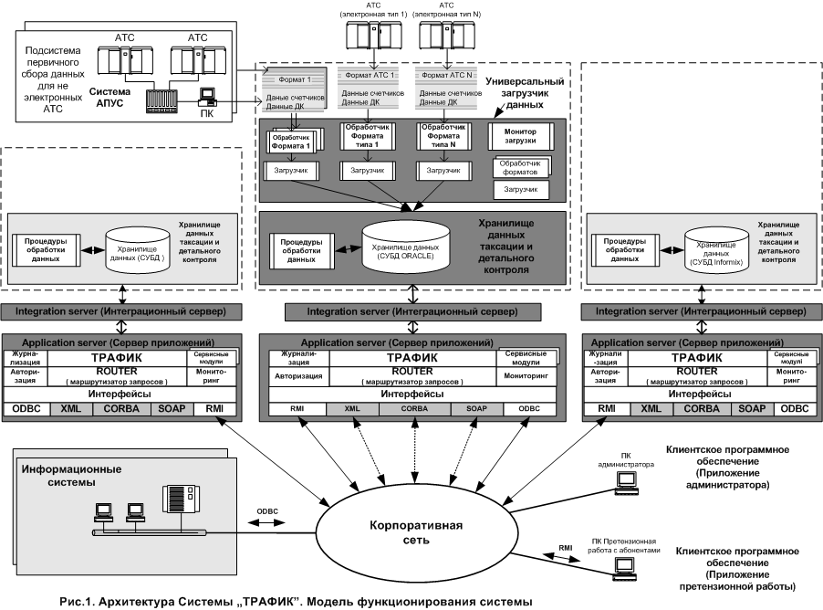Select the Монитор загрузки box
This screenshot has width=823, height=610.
[x=521, y=136]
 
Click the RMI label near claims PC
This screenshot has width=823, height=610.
[x=567, y=548]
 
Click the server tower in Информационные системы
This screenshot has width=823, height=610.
[x=174, y=500]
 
